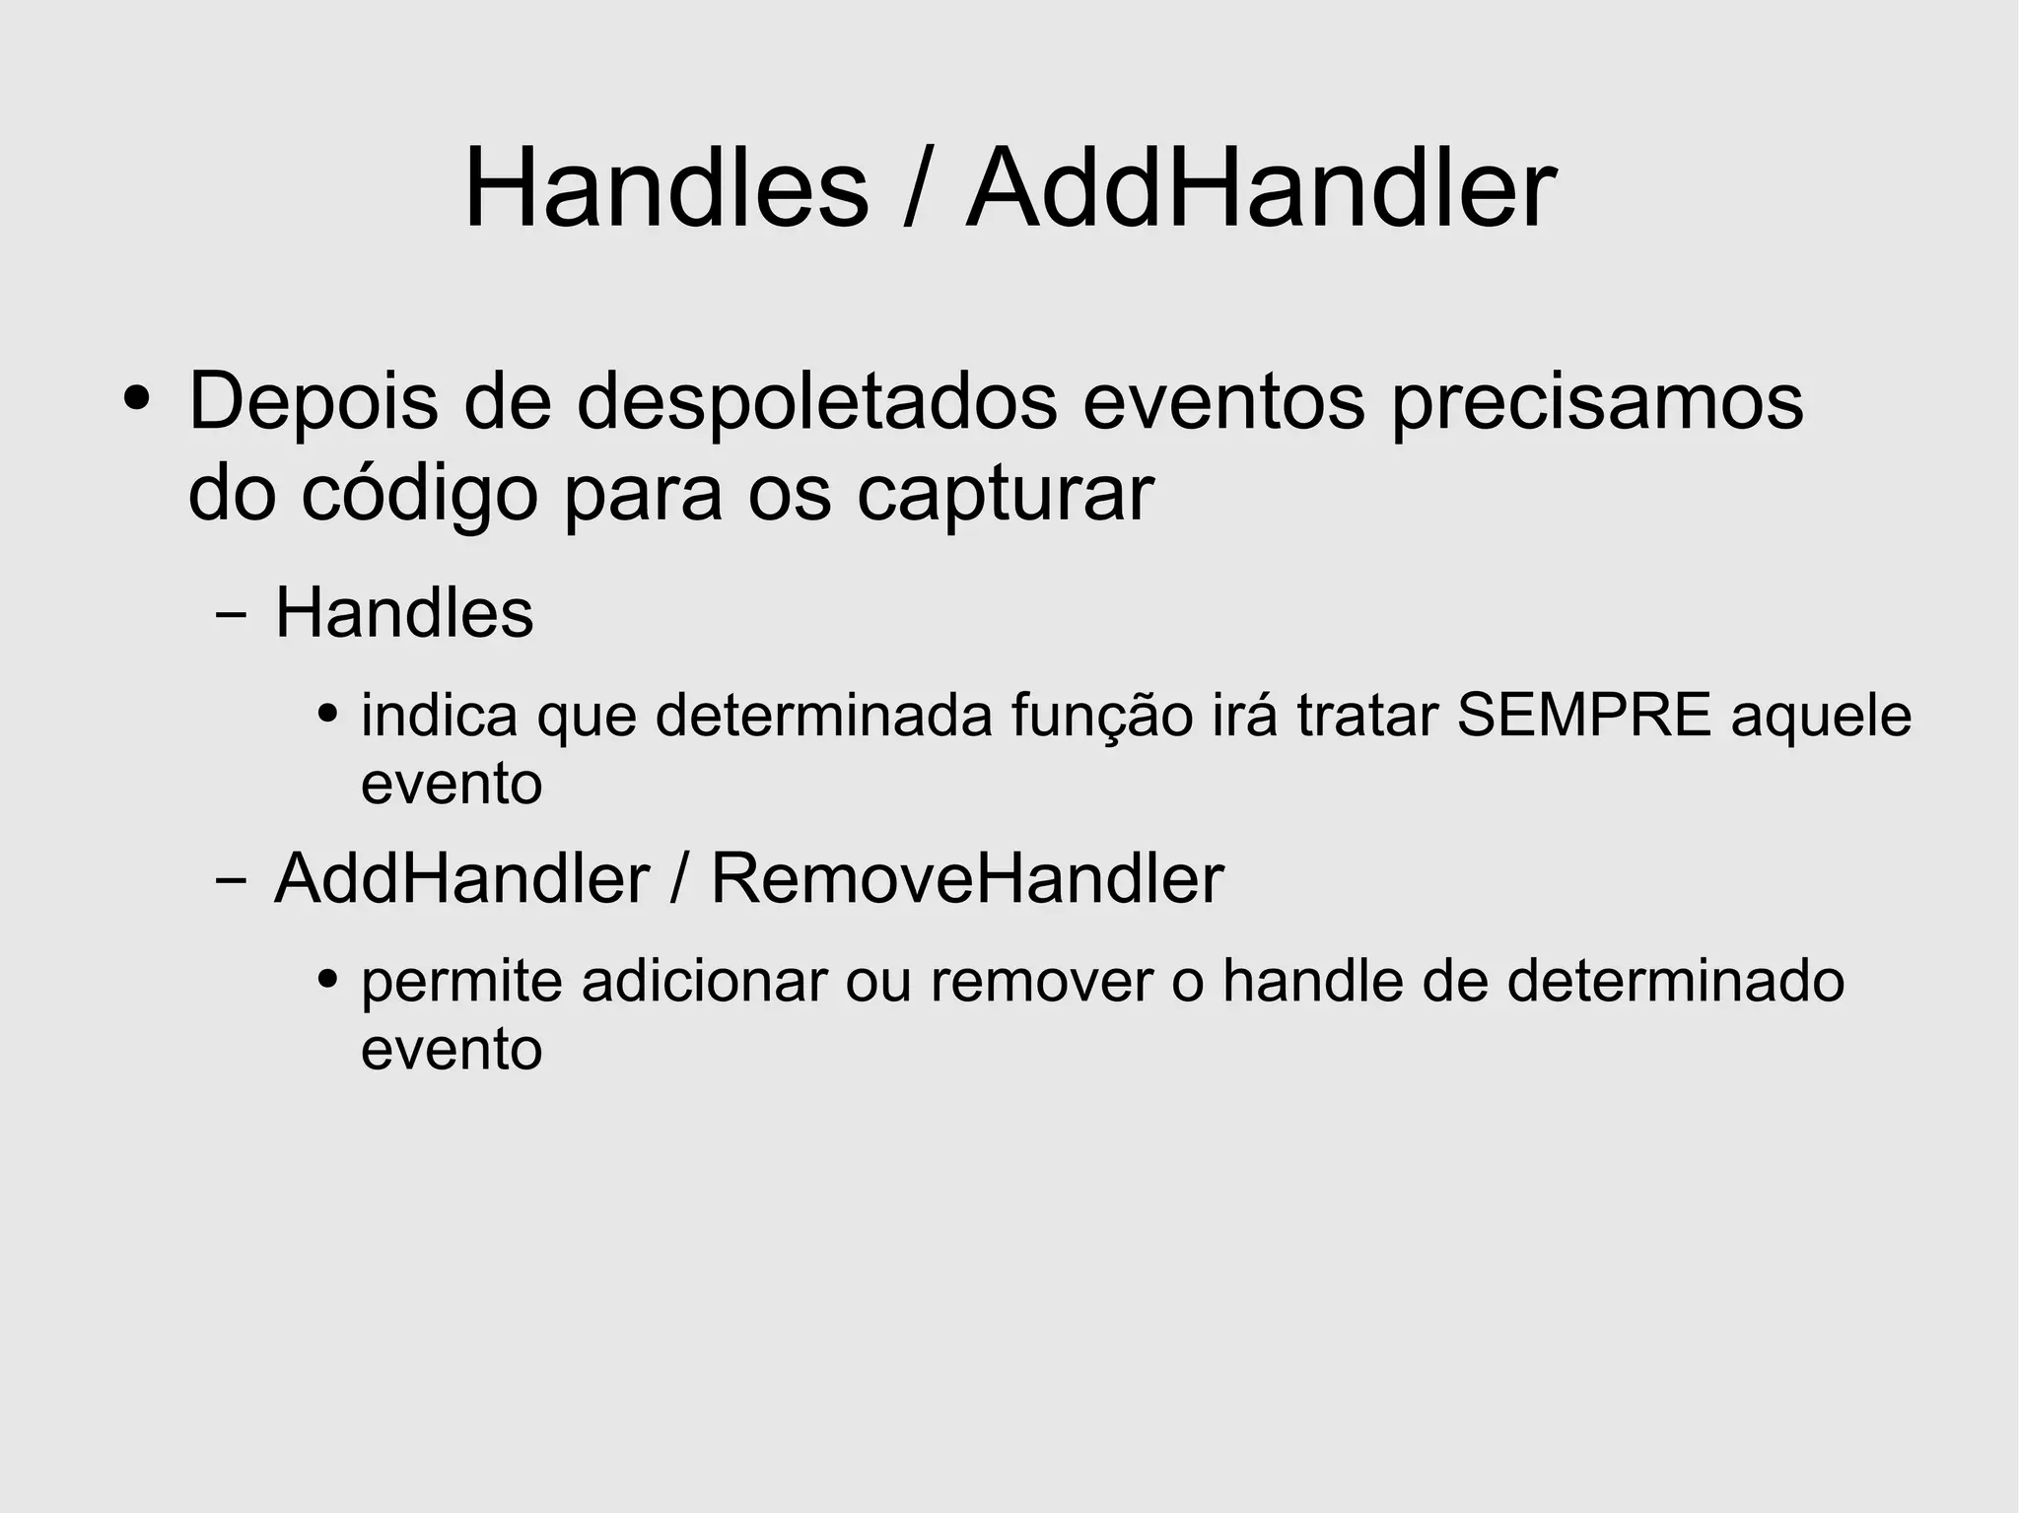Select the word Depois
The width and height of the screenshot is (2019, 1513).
pyautogui.click(x=313, y=403)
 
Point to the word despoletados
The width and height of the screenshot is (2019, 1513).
pyautogui.click(x=816, y=403)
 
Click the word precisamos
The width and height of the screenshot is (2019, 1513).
pyautogui.click(x=1597, y=403)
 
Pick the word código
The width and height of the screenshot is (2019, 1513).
pyautogui.click(x=419, y=494)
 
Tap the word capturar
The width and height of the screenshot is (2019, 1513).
pyautogui.click(x=1005, y=496)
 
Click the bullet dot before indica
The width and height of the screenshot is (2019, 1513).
pyautogui.click(x=328, y=713)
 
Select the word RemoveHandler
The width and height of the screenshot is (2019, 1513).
pyautogui.click(x=966, y=878)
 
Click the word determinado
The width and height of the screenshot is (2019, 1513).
pyautogui.click(x=1675, y=982)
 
